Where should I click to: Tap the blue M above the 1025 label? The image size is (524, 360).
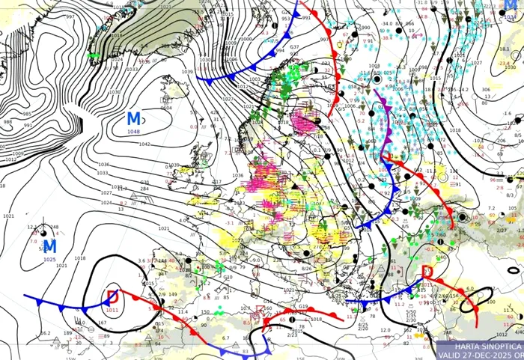tap(49, 246)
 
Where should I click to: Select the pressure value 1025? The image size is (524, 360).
tap(49, 259)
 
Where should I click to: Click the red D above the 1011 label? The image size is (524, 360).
tap(113, 296)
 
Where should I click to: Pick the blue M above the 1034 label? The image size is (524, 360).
tap(518, 4)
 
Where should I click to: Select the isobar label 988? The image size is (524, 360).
tap(7, 122)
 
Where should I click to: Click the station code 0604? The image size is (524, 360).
tap(166, 108)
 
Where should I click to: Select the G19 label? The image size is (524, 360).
tap(303, 307)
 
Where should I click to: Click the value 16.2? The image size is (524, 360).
tap(45, 332)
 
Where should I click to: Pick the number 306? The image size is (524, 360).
tap(486, 90)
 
